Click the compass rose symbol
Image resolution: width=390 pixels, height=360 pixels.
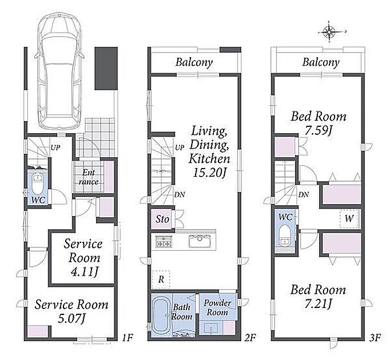[x=329, y=31]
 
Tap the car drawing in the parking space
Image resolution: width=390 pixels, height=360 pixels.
[x=59, y=72]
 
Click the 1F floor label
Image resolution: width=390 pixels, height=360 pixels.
[x=128, y=338]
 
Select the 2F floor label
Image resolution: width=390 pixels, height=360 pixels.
[x=250, y=338]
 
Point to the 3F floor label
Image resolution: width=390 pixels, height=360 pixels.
[x=375, y=338]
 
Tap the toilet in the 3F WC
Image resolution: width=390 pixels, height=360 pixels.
[x=284, y=235]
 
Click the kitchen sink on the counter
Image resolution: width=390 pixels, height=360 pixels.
[x=200, y=241]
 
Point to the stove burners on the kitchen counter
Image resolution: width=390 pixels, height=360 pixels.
[x=163, y=241]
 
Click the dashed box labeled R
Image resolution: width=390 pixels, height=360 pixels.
[x=161, y=279]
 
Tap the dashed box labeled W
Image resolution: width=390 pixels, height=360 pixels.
[x=350, y=219]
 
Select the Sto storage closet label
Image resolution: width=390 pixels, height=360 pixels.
[x=162, y=219]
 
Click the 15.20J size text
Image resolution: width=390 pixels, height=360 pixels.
[x=209, y=173]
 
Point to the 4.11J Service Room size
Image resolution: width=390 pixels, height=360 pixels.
[x=84, y=272]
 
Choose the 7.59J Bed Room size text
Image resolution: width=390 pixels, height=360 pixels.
[x=319, y=130]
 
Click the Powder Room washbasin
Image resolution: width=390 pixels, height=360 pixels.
[x=211, y=328]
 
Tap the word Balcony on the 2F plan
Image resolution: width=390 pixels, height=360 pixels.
[x=194, y=62]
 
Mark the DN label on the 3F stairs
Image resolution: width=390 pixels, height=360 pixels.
[x=304, y=195]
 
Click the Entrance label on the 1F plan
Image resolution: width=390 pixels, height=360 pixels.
[x=89, y=177]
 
